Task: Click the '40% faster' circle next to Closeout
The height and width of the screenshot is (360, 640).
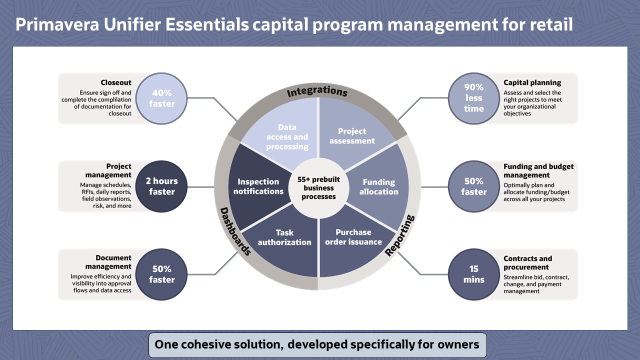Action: tap(162, 98)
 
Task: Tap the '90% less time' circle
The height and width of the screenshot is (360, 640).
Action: tap(473, 98)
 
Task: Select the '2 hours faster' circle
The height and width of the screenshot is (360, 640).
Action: tap(162, 186)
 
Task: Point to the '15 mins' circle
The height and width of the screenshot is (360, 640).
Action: tap(473, 274)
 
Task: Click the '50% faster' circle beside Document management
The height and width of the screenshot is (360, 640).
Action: tap(162, 274)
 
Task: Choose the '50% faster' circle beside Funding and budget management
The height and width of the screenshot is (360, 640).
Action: tap(473, 186)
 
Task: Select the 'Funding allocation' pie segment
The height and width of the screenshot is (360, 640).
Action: tap(378, 186)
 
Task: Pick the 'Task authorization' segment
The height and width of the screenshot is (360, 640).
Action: tap(284, 237)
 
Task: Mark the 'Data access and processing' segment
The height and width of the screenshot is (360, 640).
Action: tap(287, 136)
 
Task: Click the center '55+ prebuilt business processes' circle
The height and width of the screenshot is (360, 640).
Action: tap(318, 187)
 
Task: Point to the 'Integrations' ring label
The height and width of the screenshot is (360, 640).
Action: tap(317, 92)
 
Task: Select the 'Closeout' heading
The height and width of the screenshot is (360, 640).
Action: tap(116, 83)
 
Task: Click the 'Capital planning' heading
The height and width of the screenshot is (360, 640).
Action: tap(532, 83)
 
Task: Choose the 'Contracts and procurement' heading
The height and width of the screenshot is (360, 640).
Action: tap(527, 262)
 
